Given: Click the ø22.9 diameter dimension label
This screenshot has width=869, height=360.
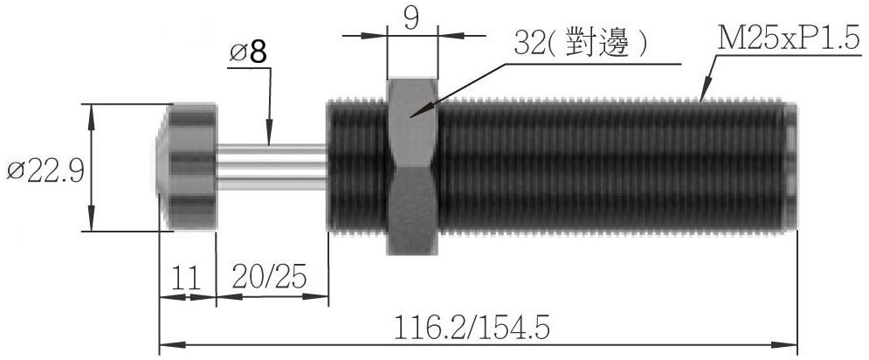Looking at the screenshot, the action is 45,171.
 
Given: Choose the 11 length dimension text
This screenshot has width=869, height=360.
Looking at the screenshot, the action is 185,279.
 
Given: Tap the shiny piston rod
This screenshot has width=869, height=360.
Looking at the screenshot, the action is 271,167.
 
